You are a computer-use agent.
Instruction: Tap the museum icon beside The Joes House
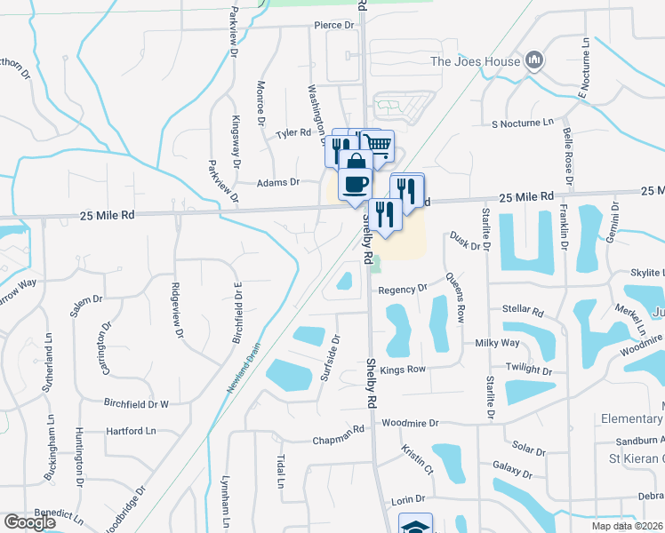(534, 60)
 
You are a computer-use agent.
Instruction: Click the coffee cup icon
(356, 184)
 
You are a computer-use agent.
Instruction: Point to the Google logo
(29, 522)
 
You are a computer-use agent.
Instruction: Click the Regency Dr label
(403, 289)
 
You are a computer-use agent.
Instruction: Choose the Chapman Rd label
(339, 440)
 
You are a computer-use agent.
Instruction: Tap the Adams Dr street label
(278, 182)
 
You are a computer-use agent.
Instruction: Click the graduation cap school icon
(415, 525)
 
